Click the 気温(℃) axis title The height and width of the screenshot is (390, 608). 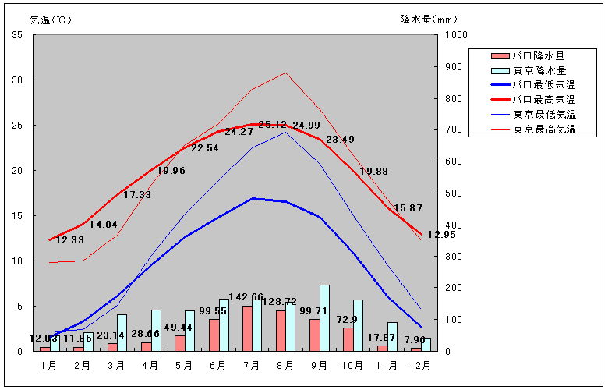point(51,19)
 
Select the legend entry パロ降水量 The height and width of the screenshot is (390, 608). point(538,55)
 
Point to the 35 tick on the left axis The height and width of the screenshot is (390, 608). point(17,35)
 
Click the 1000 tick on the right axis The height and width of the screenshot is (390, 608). point(455,35)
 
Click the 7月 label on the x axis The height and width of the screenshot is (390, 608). point(252,365)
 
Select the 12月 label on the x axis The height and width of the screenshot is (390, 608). point(421,365)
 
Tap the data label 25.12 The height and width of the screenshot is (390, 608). point(273,125)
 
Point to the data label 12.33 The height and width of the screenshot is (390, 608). point(69,240)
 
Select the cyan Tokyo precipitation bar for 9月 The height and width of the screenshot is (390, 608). point(324,317)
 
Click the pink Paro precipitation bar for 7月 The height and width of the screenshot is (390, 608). point(247,328)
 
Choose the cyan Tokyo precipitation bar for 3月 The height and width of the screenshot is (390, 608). point(122,332)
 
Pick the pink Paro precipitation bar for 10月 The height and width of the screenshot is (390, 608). point(348,339)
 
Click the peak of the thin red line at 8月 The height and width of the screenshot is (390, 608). point(285,73)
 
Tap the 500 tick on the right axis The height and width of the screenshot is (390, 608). point(453,193)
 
